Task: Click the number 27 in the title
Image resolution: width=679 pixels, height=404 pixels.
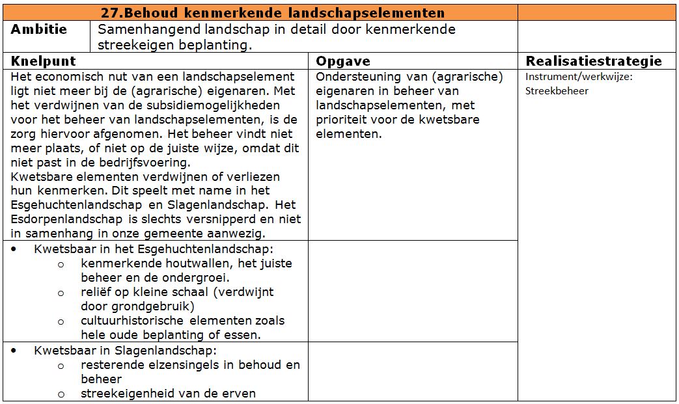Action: coord(110,13)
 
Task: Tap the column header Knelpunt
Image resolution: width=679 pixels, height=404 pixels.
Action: coord(43,61)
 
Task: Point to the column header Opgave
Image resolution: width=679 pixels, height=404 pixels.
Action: coord(343,61)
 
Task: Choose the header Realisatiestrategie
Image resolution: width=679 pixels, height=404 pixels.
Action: coord(594,61)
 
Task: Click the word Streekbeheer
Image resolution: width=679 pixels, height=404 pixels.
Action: coord(557,90)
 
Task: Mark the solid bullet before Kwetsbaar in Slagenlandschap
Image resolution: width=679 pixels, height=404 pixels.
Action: coord(14,351)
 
